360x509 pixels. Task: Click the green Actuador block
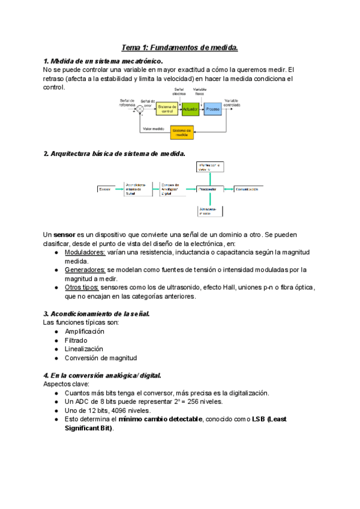coord(190,110)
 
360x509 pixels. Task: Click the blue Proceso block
coord(213,110)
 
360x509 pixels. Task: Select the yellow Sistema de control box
coord(167,109)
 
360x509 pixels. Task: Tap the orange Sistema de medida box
coord(182,132)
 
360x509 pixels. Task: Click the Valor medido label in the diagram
coord(154,128)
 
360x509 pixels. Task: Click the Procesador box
coord(210,189)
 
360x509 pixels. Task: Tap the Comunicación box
coord(247,189)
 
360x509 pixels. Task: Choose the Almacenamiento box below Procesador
coord(210,211)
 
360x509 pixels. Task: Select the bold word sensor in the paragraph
coord(64,233)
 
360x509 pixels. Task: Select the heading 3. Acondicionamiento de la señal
coord(97,313)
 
